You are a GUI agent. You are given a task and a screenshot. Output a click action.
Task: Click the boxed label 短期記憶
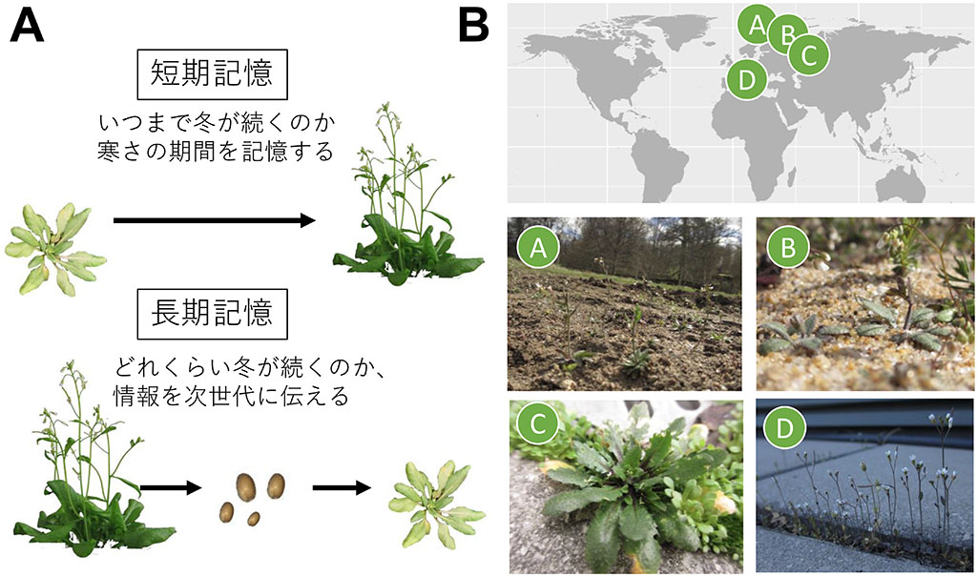tap(212, 74)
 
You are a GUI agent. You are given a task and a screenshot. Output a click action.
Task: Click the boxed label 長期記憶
tap(212, 314)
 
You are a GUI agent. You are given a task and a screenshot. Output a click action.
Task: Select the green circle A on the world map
tap(757, 25)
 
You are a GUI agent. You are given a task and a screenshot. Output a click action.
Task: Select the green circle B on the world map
tap(787, 33)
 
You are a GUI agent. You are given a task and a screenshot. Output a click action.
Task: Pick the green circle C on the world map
tap(808, 54)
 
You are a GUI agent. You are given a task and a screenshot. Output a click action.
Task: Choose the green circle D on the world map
tap(746, 80)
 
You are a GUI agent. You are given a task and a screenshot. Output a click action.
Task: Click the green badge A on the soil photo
tap(538, 247)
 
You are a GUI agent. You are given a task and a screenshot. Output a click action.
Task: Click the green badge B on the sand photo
tap(788, 247)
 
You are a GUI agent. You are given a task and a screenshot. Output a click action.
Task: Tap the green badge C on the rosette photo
tap(538, 424)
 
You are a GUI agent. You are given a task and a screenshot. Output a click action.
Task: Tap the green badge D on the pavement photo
tap(784, 428)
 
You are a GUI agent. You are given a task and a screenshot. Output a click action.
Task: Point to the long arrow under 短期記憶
tap(215, 220)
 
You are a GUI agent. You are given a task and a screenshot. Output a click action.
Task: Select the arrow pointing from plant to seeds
tap(171, 488)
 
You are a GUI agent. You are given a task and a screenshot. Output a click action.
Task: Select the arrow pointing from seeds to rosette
tap(342, 488)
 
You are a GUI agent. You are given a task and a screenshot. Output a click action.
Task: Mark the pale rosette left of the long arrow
tap(55, 249)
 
